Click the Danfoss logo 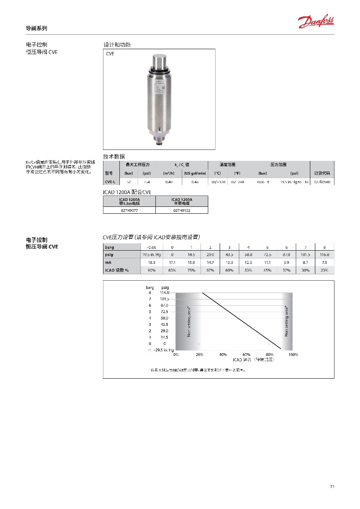tap(316, 21)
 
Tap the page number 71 tap(332, 487)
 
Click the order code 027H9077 tap(129, 211)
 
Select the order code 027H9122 tap(182, 211)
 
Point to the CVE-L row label tap(110, 182)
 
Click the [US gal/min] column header tap(195, 173)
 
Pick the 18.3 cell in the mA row tap(152, 262)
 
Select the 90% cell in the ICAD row tap(152, 270)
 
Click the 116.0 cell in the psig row tap(324, 255)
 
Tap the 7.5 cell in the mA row tap(324, 262)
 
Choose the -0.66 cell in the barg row tap(152, 247)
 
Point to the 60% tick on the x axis tap(247, 354)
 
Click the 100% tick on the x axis tap(293, 354)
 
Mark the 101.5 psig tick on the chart tap(165, 298)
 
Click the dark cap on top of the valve tap(159, 61)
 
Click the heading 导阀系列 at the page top tap(36, 28)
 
